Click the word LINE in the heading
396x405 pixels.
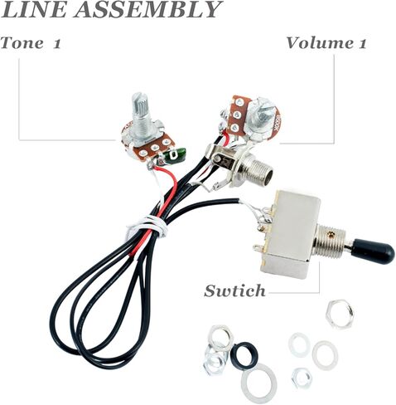click(x=35, y=10)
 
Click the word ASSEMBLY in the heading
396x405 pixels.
click(x=147, y=10)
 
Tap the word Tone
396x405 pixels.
click(x=22, y=43)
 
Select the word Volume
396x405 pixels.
click(x=318, y=43)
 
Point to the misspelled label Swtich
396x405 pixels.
click(x=234, y=290)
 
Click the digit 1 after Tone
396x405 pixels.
click(x=56, y=43)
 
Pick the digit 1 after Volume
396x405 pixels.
click(x=361, y=43)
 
